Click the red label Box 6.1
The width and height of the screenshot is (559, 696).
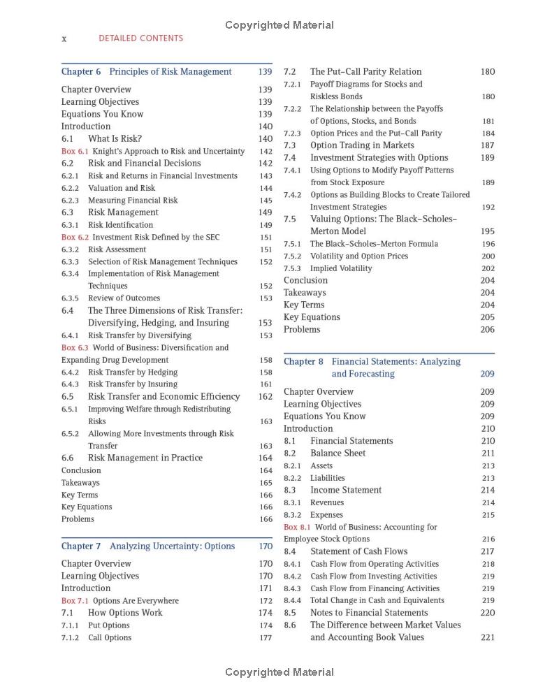tap(75, 151)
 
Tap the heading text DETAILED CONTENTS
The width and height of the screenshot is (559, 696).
tap(140, 38)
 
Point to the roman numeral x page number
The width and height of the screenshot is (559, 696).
tap(64, 38)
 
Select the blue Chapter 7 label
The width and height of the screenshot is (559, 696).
tap(81, 546)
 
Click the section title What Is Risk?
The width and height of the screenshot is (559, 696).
tap(115, 138)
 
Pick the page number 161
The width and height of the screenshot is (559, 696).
tap(266, 384)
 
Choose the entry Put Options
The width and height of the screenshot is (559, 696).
tap(108, 625)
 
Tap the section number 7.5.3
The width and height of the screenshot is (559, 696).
tap(292, 268)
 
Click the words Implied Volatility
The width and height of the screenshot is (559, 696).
tap(341, 268)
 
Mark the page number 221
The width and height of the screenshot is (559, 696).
tap(488, 637)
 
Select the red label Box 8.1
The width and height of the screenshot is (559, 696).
tap(297, 527)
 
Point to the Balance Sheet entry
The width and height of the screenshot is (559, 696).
tap(339, 453)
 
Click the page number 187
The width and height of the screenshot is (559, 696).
tap(488, 145)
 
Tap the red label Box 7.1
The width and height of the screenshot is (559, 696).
tap(75, 600)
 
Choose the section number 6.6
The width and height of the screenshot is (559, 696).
tap(67, 458)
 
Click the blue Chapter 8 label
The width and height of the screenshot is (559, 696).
tap(303, 361)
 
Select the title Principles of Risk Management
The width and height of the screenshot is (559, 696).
tap(170, 71)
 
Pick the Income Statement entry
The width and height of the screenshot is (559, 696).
tap(346, 490)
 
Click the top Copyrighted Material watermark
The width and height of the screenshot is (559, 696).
tap(279, 25)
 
